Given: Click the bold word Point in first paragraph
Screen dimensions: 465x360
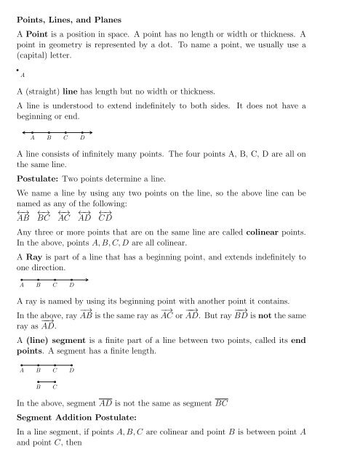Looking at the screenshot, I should point(41,34).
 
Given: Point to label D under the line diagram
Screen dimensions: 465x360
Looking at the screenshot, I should point(82,139).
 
